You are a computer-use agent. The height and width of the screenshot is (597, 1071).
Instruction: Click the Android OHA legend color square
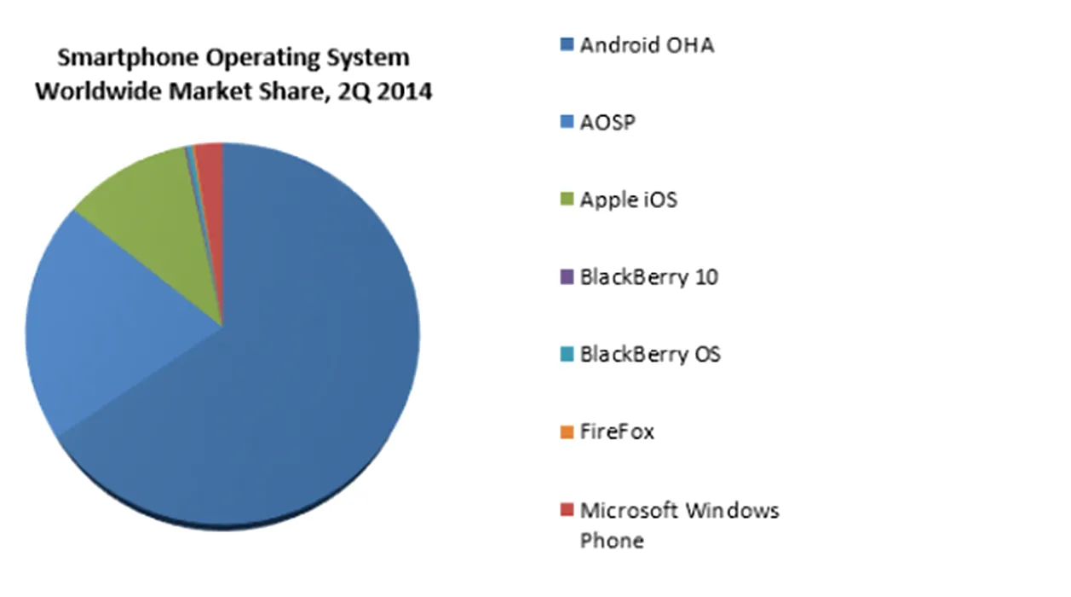click(x=567, y=44)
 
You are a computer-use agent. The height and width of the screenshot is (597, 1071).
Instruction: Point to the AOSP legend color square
click(x=567, y=123)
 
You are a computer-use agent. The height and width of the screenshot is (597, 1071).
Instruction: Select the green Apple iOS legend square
click(x=567, y=200)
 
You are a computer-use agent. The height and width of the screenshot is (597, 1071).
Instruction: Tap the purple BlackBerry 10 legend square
click(x=567, y=277)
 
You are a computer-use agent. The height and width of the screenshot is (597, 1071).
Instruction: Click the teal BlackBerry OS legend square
click(x=567, y=354)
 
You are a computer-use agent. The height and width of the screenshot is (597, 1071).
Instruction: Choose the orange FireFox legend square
click(x=567, y=432)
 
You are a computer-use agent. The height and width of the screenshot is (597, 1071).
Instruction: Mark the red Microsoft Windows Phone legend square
click(x=567, y=510)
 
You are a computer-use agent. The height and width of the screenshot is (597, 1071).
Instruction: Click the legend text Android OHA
click(x=647, y=45)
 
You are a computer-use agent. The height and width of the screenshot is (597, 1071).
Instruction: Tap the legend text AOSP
click(x=607, y=123)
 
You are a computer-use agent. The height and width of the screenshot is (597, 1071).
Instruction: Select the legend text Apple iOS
click(x=629, y=200)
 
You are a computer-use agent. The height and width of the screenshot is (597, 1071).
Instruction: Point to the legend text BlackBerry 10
click(x=648, y=277)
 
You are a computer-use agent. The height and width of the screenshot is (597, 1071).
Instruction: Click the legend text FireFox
click(x=617, y=432)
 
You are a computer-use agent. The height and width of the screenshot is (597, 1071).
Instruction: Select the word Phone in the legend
click(x=612, y=540)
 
